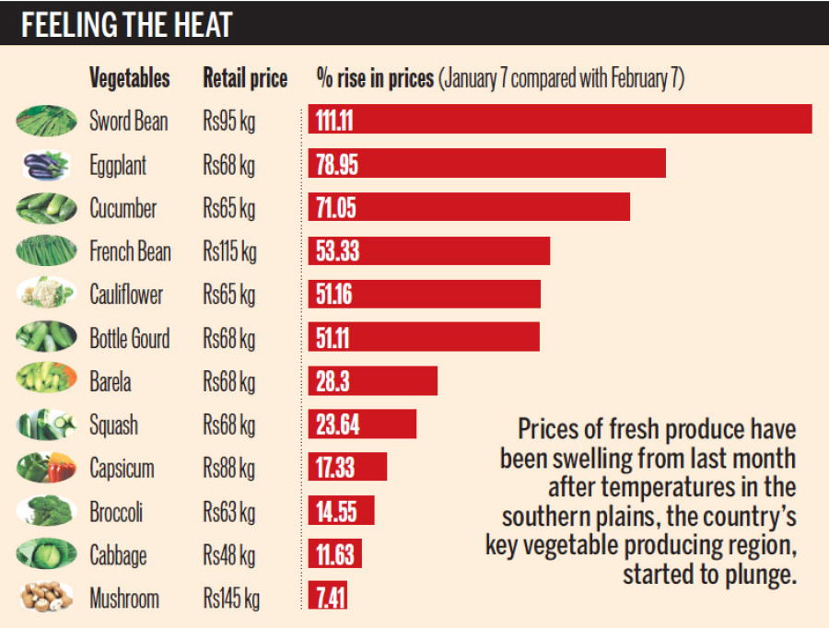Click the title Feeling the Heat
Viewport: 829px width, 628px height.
tap(126, 24)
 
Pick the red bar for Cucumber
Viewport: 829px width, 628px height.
tap(469, 206)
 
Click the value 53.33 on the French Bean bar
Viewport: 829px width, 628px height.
tap(338, 250)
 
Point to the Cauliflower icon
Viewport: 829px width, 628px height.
tap(45, 294)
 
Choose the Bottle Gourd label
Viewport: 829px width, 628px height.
tap(129, 338)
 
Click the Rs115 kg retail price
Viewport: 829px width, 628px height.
tap(230, 250)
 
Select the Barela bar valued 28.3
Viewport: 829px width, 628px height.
tap(372, 380)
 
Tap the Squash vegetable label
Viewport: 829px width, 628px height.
tap(113, 424)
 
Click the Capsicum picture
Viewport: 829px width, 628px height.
tap(45, 468)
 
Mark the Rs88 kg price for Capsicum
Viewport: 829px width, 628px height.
tap(229, 468)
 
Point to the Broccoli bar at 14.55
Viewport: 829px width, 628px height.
tap(341, 511)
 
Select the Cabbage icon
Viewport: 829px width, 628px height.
tap(45, 554)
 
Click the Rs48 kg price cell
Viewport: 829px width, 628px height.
tap(229, 555)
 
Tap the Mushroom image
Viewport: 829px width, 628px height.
tap(45, 599)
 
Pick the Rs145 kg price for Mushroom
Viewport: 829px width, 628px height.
tap(231, 599)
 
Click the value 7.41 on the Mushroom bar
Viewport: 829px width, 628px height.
tap(331, 599)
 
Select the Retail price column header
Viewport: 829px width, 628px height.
tap(245, 78)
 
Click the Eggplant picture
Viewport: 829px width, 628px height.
tap(45, 165)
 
